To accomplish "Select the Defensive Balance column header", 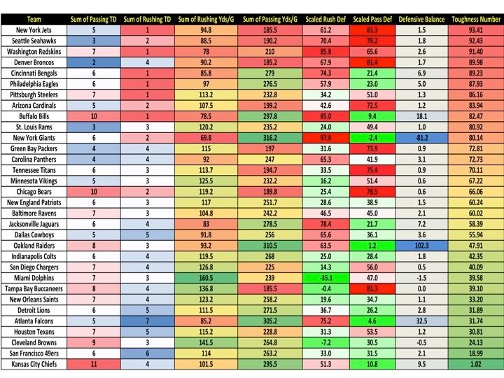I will tap(423, 20).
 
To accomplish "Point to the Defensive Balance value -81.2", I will tap(423, 139).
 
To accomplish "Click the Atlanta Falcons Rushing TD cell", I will tap(148, 320).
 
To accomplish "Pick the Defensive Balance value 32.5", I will tap(423, 320).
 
